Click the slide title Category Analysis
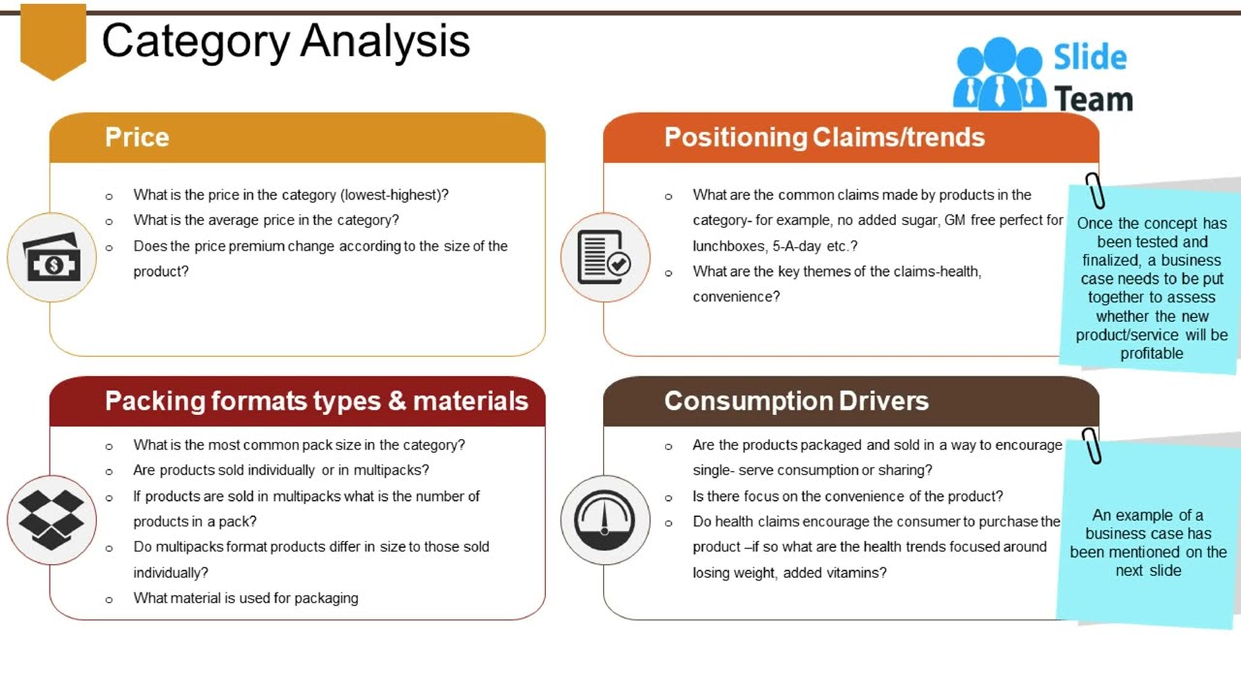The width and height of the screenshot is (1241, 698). click(x=286, y=42)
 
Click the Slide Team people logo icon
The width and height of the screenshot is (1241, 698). click(x=999, y=75)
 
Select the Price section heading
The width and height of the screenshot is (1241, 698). click(x=137, y=138)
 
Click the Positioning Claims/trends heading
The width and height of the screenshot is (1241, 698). click(x=824, y=138)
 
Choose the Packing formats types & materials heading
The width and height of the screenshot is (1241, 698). click(x=316, y=401)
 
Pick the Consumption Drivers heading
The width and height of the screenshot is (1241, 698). click(x=796, y=401)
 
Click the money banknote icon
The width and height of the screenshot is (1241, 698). click(x=52, y=258)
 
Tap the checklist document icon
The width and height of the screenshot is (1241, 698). click(x=605, y=258)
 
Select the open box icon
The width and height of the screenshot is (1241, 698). click(x=52, y=520)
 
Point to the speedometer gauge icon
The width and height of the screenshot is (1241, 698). click(x=605, y=520)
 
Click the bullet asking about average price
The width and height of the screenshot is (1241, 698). click(x=266, y=220)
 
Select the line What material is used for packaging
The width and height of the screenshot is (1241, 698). click(x=245, y=598)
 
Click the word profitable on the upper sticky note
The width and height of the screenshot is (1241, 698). click(x=1152, y=354)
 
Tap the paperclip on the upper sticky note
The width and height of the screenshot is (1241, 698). click(x=1095, y=190)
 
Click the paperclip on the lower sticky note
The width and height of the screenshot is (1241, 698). click(x=1092, y=446)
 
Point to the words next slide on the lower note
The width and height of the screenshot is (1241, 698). click(x=1148, y=571)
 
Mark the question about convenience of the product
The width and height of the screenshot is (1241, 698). click(x=847, y=496)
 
